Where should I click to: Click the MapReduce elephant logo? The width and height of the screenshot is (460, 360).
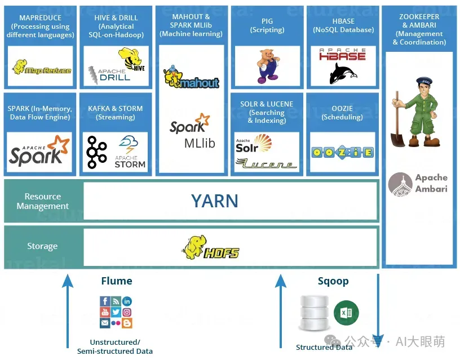pyautogui.click(x=41, y=67)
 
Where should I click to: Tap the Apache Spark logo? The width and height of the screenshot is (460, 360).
pyautogui.click(x=39, y=150)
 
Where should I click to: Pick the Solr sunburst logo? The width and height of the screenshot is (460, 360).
pyautogui.click(x=254, y=144)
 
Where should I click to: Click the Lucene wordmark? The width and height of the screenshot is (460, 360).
pyautogui.click(x=266, y=164)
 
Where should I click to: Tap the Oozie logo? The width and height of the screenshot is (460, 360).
pyautogui.click(x=342, y=153)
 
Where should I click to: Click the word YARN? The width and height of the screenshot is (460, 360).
pyautogui.click(x=214, y=201)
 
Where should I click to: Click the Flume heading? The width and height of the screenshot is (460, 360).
pyautogui.click(x=117, y=281)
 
